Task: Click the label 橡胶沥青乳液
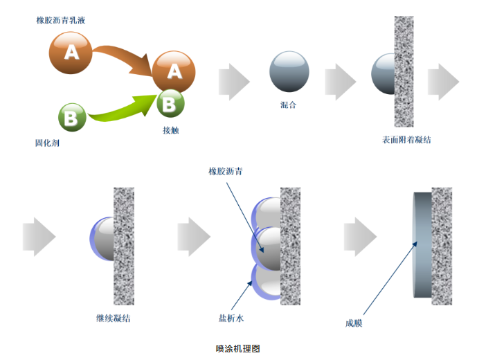click(x=61, y=20)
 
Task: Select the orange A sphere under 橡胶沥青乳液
click(x=71, y=53)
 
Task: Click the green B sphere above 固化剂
click(x=71, y=117)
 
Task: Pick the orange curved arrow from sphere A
click(x=125, y=58)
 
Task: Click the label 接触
click(x=170, y=130)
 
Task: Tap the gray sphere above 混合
click(x=289, y=71)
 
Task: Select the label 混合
click(x=289, y=105)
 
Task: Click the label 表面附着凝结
click(x=406, y=140)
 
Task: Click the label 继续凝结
click(x=113, y=318)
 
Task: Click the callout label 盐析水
click(x=230, y=319)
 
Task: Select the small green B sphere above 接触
click(x=170, y=103)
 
